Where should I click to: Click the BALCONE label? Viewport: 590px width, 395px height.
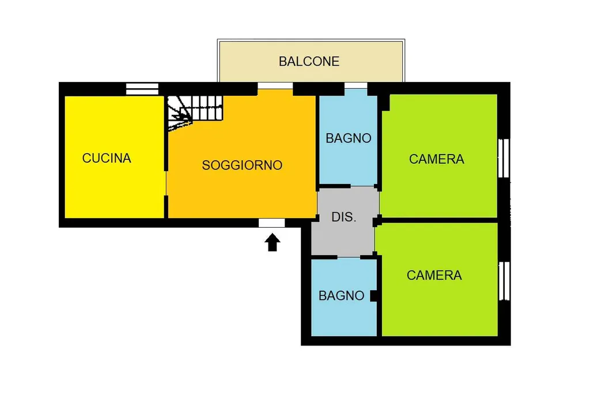coord(309,61)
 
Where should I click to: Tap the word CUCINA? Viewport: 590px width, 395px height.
coord(107,158)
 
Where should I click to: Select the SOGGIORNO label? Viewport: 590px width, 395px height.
coord(242,165)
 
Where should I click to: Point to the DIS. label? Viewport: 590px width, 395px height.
coord(343,217)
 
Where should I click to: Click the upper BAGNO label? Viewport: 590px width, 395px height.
coord(349,138)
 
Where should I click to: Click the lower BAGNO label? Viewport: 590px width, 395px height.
coord(341,296)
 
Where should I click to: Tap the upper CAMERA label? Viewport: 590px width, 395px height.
coord(437,159)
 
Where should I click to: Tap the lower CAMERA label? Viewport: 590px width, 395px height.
coord(434,275)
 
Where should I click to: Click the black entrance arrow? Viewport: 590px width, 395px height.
coord(273,242)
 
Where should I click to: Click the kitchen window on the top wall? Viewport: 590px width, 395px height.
coord(142,89)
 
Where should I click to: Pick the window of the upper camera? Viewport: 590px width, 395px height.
coord(504,158)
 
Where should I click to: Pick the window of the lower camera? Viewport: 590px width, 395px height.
coord(504,281)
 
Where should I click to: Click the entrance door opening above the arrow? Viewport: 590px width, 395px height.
coord(272,223)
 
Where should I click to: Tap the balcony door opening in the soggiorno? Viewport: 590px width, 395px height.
coord(275,86)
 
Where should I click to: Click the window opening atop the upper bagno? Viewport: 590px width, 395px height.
coord(355,86)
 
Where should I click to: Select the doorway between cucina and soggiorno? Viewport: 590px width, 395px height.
coord(166,183)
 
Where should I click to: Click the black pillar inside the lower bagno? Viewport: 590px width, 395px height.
coord(373,296)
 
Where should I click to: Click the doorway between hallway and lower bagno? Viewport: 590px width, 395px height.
coord(349,258)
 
